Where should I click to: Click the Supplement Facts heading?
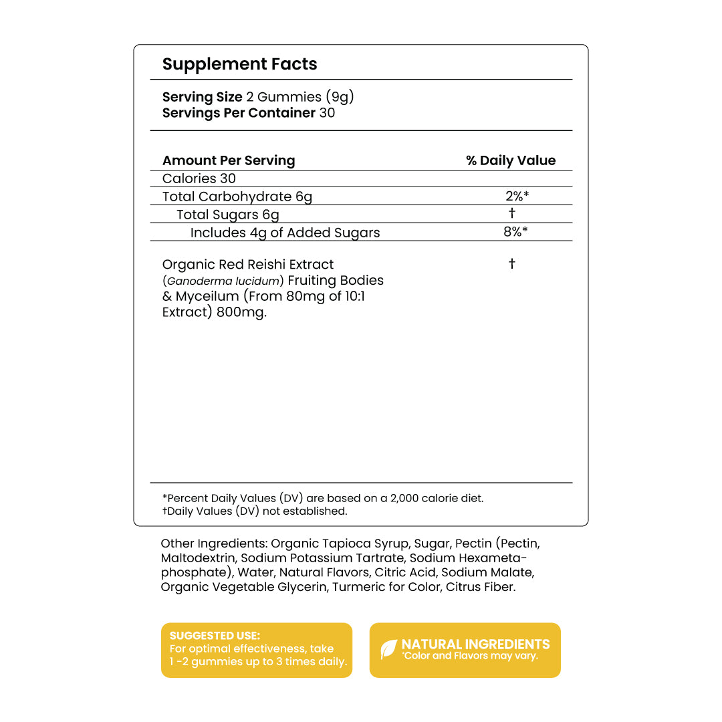pyautogui.click(x=239, y=64)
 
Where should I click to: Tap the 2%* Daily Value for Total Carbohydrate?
pyautogui.click(x=517, y=196)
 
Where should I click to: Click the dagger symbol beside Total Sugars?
pyautogui.click(x=512, y=213)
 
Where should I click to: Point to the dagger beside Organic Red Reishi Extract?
pyautogui.click(x=512, y=264)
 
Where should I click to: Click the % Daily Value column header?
pyautogui.click(x=511, y=160)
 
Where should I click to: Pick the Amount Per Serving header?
pyautogui.click(x=229, y=160)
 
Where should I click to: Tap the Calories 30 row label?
pyautogui.click(x=199, y=178)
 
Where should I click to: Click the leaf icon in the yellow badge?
pyautogui.click(x=388, y=650)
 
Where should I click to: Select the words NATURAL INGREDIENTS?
pyautogui.click(x=475, y=644)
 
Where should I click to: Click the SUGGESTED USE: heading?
pyautogui.click(x=215, y=636)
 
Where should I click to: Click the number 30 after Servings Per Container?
pyautogui.click(x=327, y=113)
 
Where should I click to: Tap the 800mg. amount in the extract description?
pyautogui.click(x=241, y=312)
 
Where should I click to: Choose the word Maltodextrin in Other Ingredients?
pyautogui.click(x=198, y=558)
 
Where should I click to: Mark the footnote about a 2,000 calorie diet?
pyautogui.click(x=323, y=498)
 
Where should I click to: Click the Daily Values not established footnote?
pyautogui.click(x=255, y=511)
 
